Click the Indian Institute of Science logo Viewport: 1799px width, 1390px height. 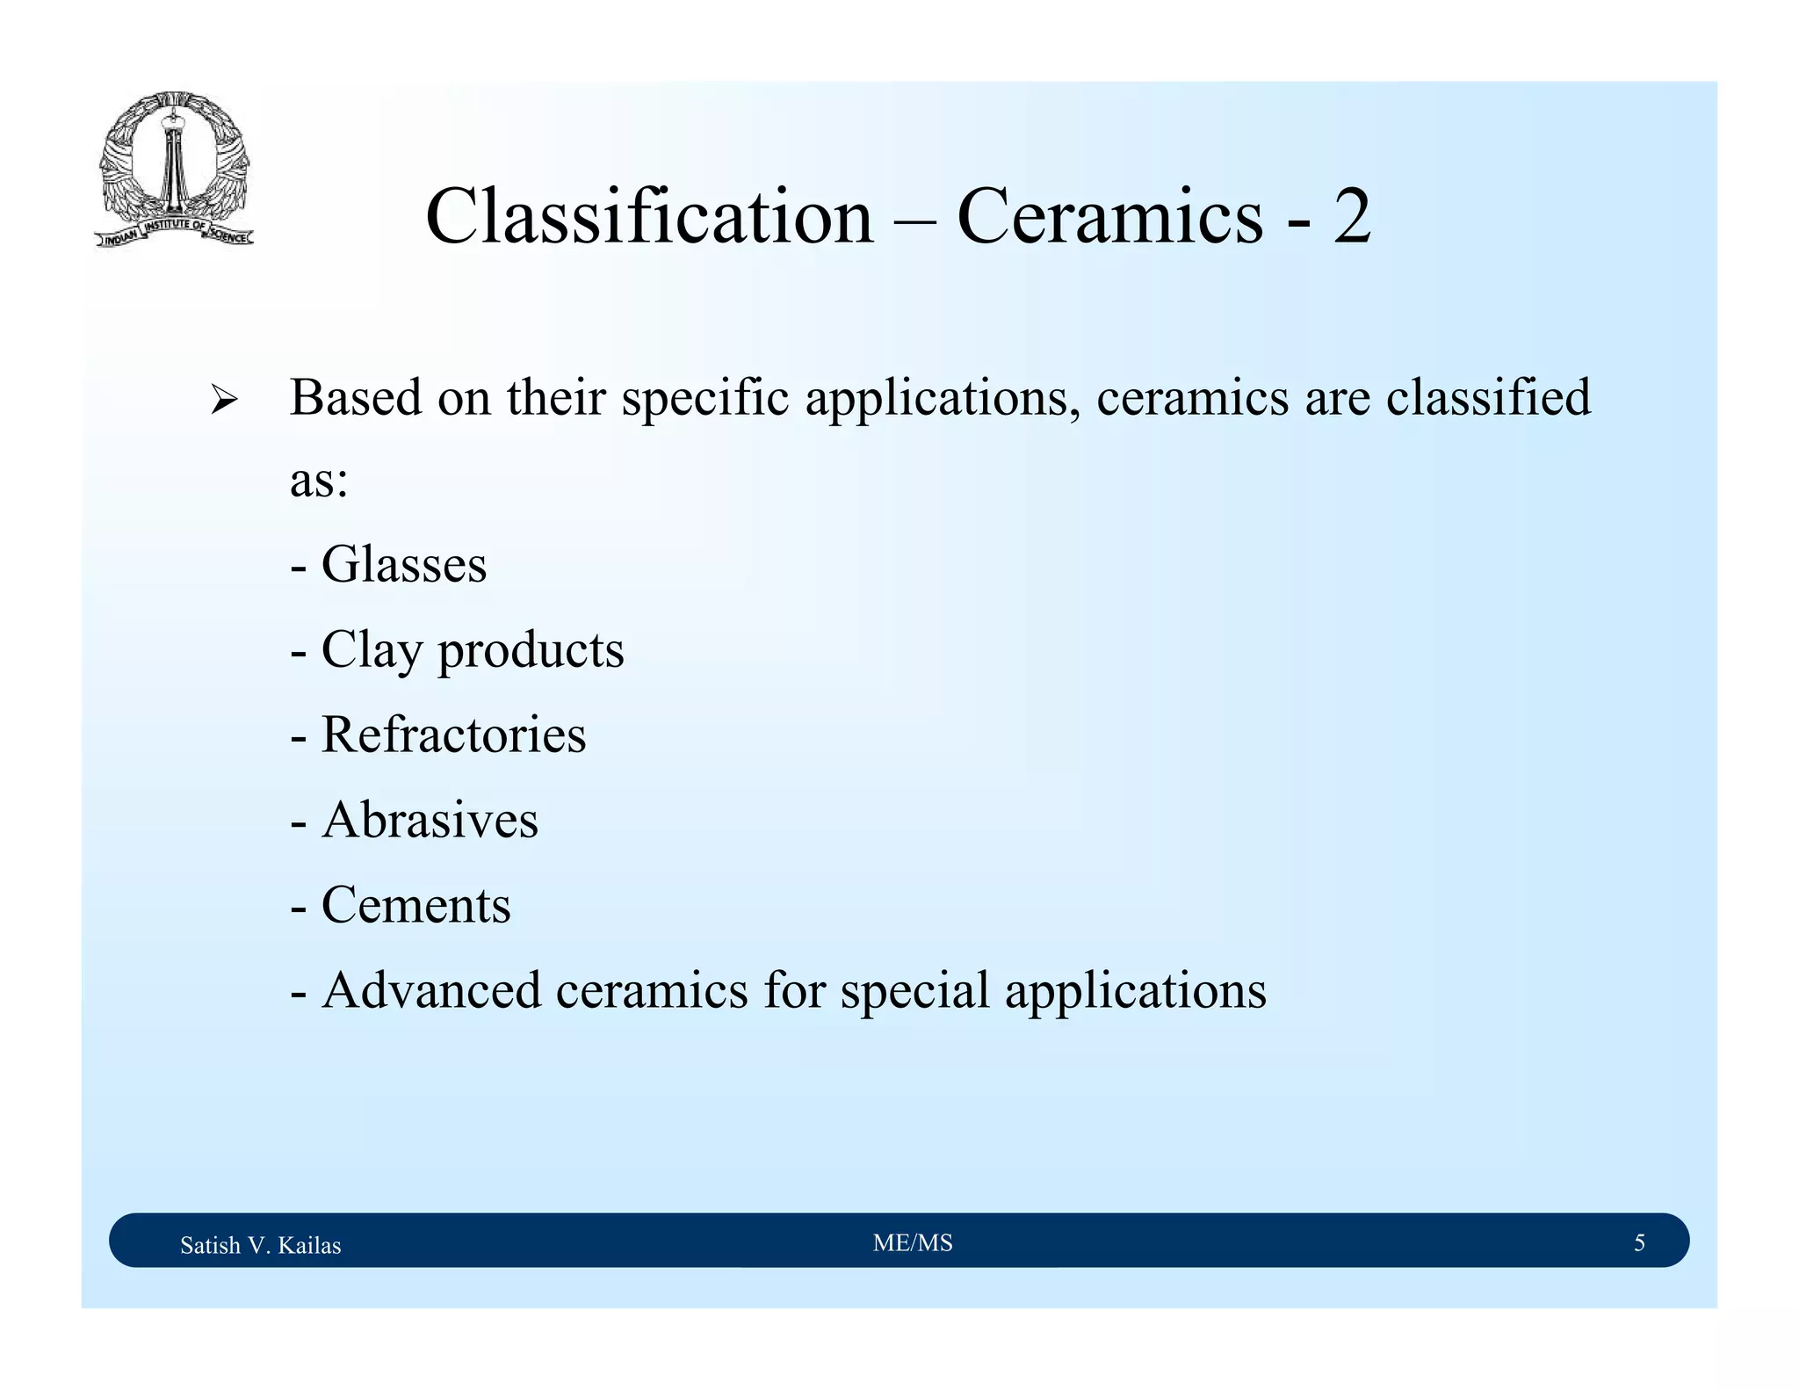pos(174,170)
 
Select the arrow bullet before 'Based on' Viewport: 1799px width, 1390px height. pos(224,402)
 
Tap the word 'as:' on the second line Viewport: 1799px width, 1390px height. pos(319,481)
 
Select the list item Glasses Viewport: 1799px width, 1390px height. pos(403,564)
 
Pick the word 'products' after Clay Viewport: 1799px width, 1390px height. pos(531,651)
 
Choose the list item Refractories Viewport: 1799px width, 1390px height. pos(453,735)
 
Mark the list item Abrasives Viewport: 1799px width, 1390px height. pos(430,820)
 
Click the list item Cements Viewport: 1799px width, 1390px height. pos(415,905)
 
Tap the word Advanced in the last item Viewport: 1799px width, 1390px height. pos(431,990)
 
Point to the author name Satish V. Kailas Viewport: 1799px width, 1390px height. pos(260,1245)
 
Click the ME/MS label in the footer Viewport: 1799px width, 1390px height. pos(913,1242)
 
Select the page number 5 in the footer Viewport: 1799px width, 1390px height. pos(1639,1242)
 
